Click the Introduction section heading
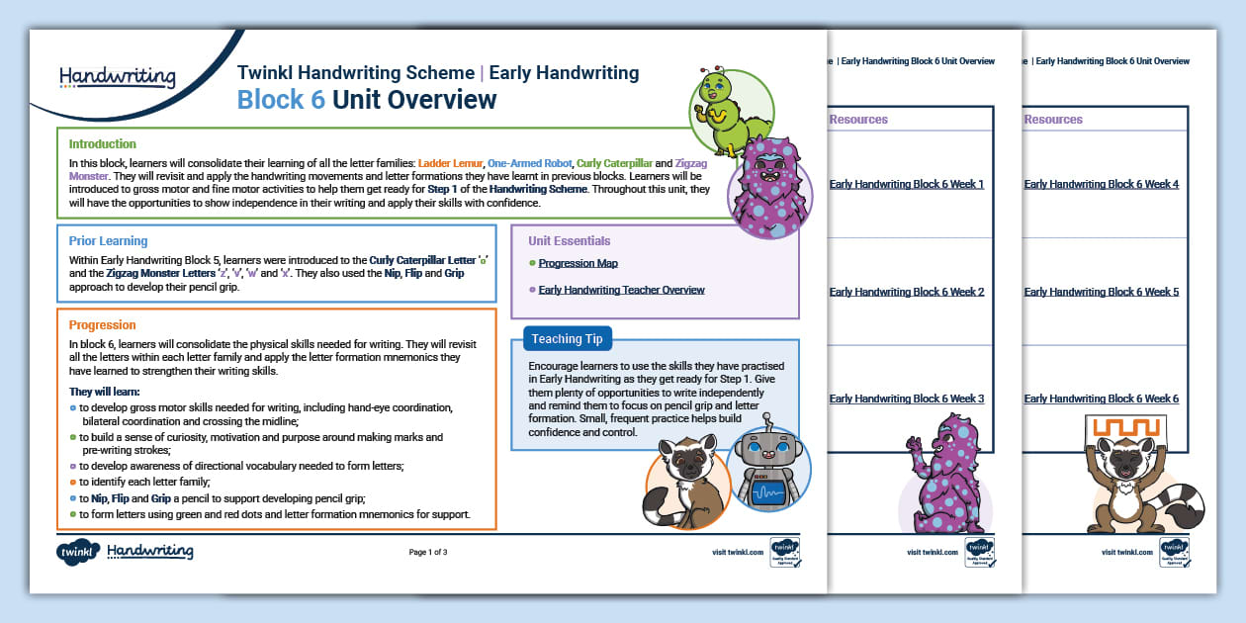[x=103, y=144]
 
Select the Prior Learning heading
[x=108, y=241]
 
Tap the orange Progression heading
[x=103, y=325]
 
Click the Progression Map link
[x=578, y=264]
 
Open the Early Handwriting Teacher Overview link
[x=621, y=291]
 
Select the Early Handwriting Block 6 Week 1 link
[x=907, y=184]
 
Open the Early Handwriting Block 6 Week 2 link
[x=907, y=292]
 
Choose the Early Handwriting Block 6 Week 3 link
[x=907, y=399]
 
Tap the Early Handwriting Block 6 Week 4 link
[x=1102, y=184]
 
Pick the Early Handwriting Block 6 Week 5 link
[x=1102, y=292]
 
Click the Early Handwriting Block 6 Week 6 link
[x=1102, y=399]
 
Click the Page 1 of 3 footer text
[x=428, y=553]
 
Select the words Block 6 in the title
[x=281, y=100]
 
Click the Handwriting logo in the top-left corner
[x=117, y=77]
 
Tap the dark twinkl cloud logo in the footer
[x=78, y=552]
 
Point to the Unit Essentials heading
[x=569, y=241]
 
